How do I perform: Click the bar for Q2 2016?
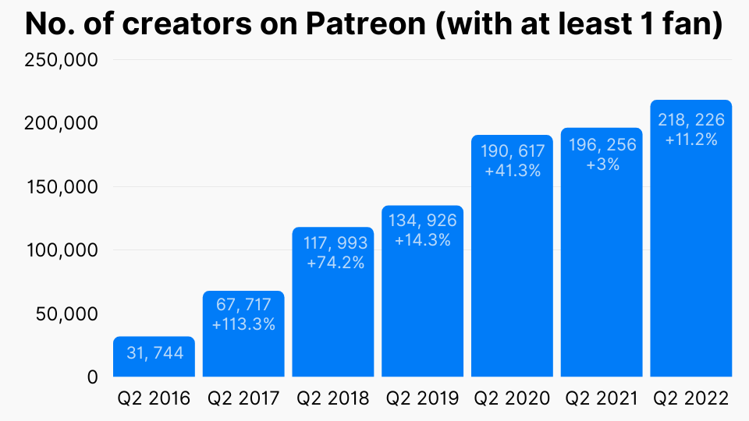click(154, 366)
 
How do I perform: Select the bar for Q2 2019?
click(422, 312)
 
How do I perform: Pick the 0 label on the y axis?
click(93, 377)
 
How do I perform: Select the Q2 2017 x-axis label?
click(243, 399)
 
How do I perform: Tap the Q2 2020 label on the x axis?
click(512, 399)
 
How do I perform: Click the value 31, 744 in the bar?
click(154, 353)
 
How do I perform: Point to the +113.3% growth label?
click(243, 324)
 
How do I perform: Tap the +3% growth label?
click(602, 164)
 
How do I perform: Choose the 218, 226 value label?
click(691, 120)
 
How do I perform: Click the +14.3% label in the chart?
click(423, 240)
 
